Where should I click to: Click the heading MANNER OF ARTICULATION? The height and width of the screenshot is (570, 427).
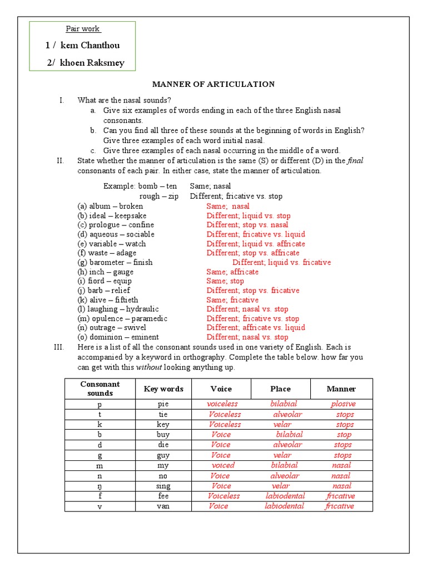tap(213, 84)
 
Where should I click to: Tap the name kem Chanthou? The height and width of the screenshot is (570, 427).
tap(89, 45)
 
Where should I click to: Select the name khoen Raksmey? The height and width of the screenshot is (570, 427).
tap(92, 63)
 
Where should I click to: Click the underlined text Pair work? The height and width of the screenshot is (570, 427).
tap(83, 29)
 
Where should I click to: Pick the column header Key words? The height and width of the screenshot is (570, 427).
tap(163, 389)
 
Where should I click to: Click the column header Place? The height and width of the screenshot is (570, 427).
tap(280, 389)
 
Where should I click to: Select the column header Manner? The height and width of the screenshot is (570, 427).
tap(341, 389)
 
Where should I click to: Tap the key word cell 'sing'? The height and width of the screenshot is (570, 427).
tap(163, 486)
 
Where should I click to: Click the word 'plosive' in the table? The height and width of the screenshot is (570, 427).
tap(343, 404)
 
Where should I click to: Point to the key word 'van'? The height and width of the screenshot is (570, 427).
tap(163, 506)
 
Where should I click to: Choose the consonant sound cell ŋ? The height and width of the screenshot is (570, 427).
tap(100, 486)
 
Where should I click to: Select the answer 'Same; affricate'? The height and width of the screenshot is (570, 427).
tap(232, 272)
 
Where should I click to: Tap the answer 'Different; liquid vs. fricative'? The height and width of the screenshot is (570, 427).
tap(281, 262)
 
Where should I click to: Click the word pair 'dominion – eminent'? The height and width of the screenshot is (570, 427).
tap(118, 337)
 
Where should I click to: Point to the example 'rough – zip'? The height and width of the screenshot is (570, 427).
tap(158, 196)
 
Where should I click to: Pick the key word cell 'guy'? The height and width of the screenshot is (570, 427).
tap(163, 455)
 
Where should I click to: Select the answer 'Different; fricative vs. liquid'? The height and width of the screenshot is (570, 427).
tap(256, 234)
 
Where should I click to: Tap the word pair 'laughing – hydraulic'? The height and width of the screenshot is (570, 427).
tap(118, 309)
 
